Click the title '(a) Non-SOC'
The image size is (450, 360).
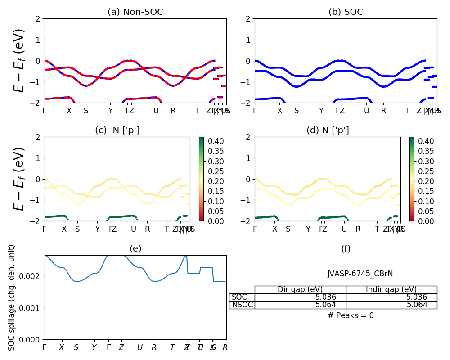tap(135, 12)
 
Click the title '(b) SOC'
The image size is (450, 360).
tap(346, 12)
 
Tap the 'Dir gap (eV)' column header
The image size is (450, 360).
tap(300, 289)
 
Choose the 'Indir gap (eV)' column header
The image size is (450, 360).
tap(391, 289)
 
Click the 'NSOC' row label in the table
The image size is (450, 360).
tap(242, 305)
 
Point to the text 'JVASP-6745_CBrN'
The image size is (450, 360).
tap(360, 274)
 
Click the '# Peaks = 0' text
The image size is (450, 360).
tap(351, 315)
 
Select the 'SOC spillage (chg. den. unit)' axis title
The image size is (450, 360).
tap(12, 297)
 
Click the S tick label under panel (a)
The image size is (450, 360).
tap(86, 111)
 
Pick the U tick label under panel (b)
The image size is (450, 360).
tap(367, 111)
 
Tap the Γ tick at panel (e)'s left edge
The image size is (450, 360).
tap(45, 347)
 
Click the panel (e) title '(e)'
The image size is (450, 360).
tap(135, 248)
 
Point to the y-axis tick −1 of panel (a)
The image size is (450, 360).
tap(36, 82)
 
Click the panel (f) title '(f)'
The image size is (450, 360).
tap(346, 248)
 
